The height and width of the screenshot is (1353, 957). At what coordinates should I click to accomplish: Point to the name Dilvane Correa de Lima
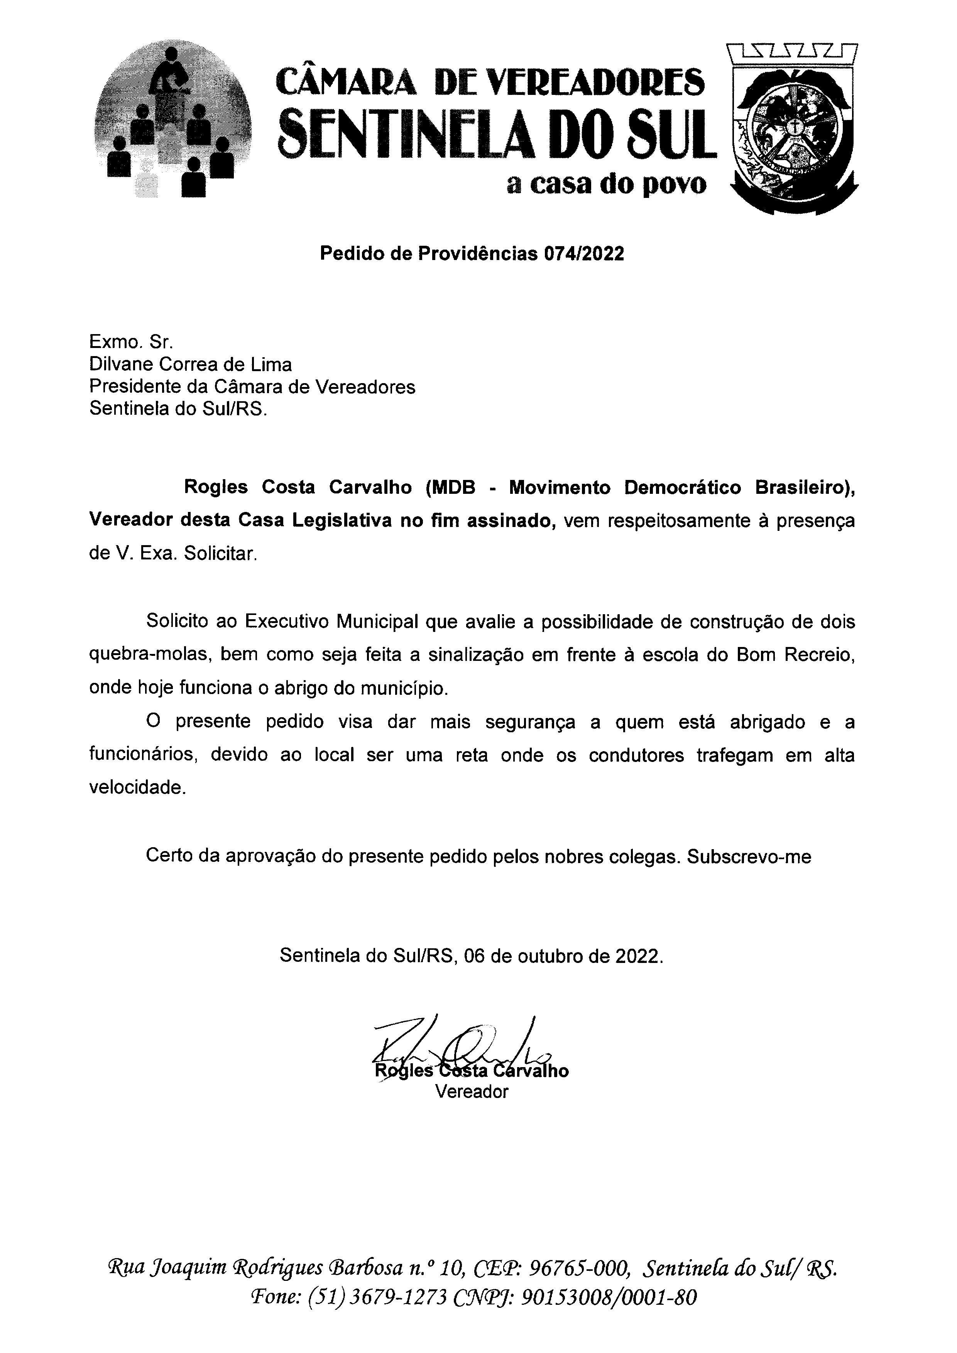coord(190,365)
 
